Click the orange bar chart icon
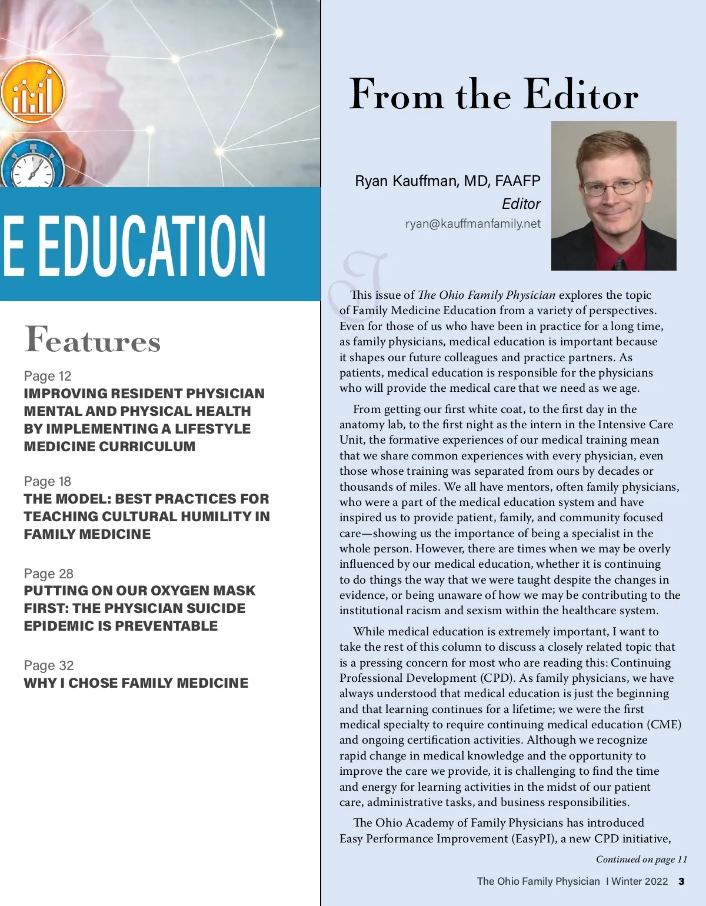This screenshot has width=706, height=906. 32,92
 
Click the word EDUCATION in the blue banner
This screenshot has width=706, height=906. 152,245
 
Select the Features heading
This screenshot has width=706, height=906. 92,339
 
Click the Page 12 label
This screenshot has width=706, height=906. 48,376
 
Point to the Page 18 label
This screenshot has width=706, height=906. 48,481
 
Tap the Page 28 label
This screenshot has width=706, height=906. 49,574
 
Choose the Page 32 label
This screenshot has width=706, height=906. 49,665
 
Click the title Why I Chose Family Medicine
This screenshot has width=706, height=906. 136,683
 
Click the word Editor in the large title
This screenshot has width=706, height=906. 581,94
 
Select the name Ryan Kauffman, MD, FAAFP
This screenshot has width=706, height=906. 447,181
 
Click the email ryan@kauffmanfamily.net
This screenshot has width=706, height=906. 472,224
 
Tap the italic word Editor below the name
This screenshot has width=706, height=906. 521,204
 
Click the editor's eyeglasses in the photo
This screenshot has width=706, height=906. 612,188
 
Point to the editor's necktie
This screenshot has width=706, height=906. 619,262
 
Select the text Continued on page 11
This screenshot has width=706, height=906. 641,859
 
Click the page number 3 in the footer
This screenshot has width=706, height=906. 681,881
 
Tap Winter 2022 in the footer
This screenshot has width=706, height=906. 640,881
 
